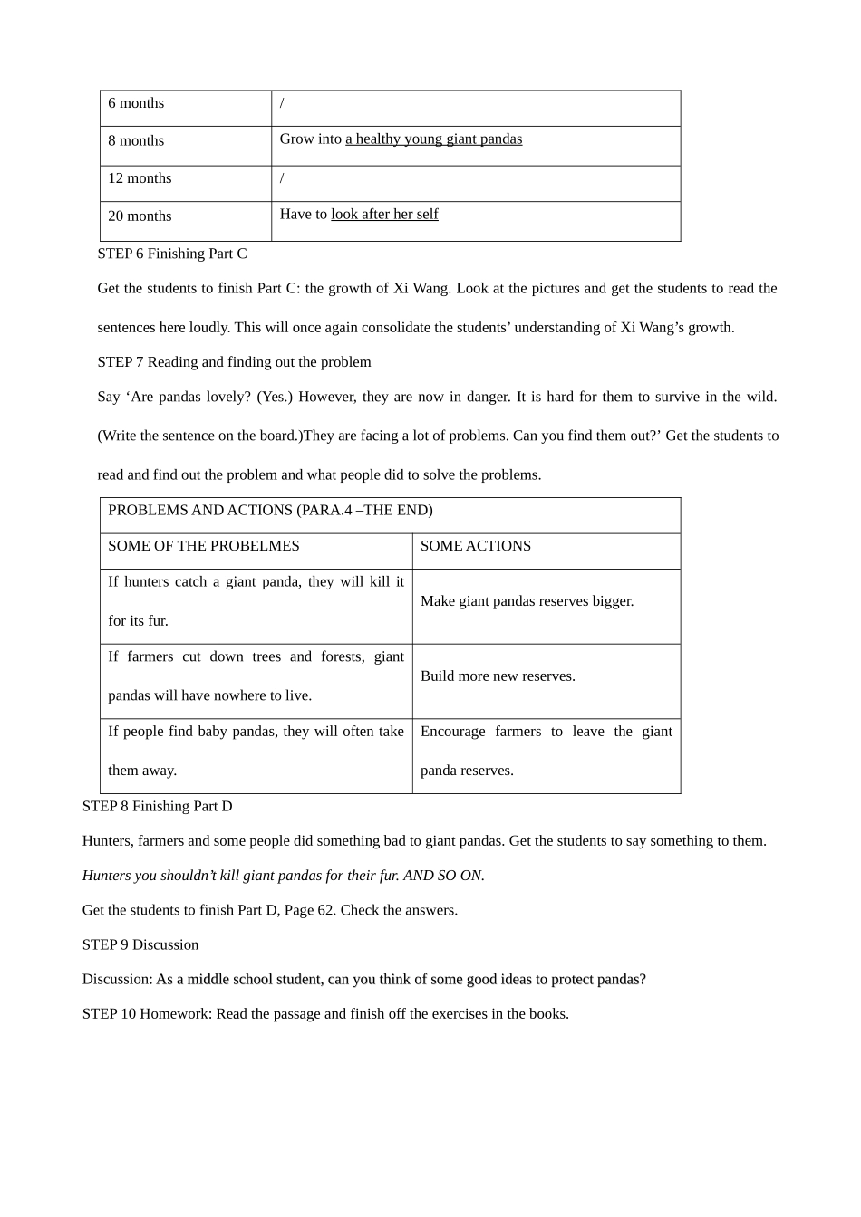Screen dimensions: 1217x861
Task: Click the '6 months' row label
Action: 136,103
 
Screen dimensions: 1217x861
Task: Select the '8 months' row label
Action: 136,141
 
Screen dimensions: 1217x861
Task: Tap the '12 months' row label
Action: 140,178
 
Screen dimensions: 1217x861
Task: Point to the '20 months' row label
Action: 140,216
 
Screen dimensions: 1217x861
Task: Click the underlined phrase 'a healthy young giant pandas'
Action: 433,139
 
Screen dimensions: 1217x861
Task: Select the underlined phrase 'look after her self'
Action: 384,215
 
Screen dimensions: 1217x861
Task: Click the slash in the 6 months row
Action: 282,103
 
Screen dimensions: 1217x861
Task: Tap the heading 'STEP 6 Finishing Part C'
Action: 172,254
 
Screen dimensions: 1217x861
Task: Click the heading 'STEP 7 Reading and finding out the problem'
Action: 234,362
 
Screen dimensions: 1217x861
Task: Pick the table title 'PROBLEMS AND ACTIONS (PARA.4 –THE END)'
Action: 270,511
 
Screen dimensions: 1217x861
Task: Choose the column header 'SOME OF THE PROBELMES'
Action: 203,546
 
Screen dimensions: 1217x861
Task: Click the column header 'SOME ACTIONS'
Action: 475,546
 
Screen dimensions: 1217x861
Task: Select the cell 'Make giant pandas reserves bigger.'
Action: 527,601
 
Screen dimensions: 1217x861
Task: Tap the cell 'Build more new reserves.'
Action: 498,676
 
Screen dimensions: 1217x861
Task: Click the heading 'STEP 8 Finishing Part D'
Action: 157,807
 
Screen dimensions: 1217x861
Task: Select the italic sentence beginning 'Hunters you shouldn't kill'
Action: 283,876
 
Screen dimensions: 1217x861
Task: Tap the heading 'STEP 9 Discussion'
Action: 140,945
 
